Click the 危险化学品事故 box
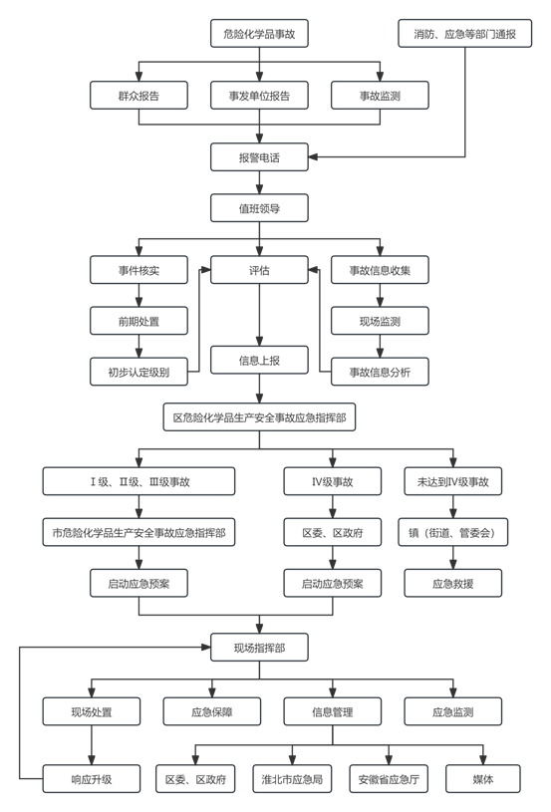(x=259, y=34)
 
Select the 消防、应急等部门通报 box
(x=465, y=34)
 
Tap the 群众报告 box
(x=138, y=96)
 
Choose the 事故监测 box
(x=380, y=96)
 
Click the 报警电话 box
(x=259, y=156)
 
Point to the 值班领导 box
(x=259, y=208)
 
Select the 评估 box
(x=259, y=270)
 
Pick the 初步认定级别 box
(x=138, y=372)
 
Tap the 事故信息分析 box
(x=380, y=372)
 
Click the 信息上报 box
(x=259, y=360)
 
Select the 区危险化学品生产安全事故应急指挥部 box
(x=259, y=417)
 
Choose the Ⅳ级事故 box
(x=333, y=481)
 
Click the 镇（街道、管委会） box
(x=453, y=532)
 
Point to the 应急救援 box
(x=453, y=584)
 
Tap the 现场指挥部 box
(x=259, y=648)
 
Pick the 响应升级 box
(x=92, y=779)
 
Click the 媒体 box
(x=483, y=779)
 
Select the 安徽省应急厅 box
(x=389, y=779)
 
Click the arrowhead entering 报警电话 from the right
(x=313, y=156)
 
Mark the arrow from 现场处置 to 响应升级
(x=92, y=745)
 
